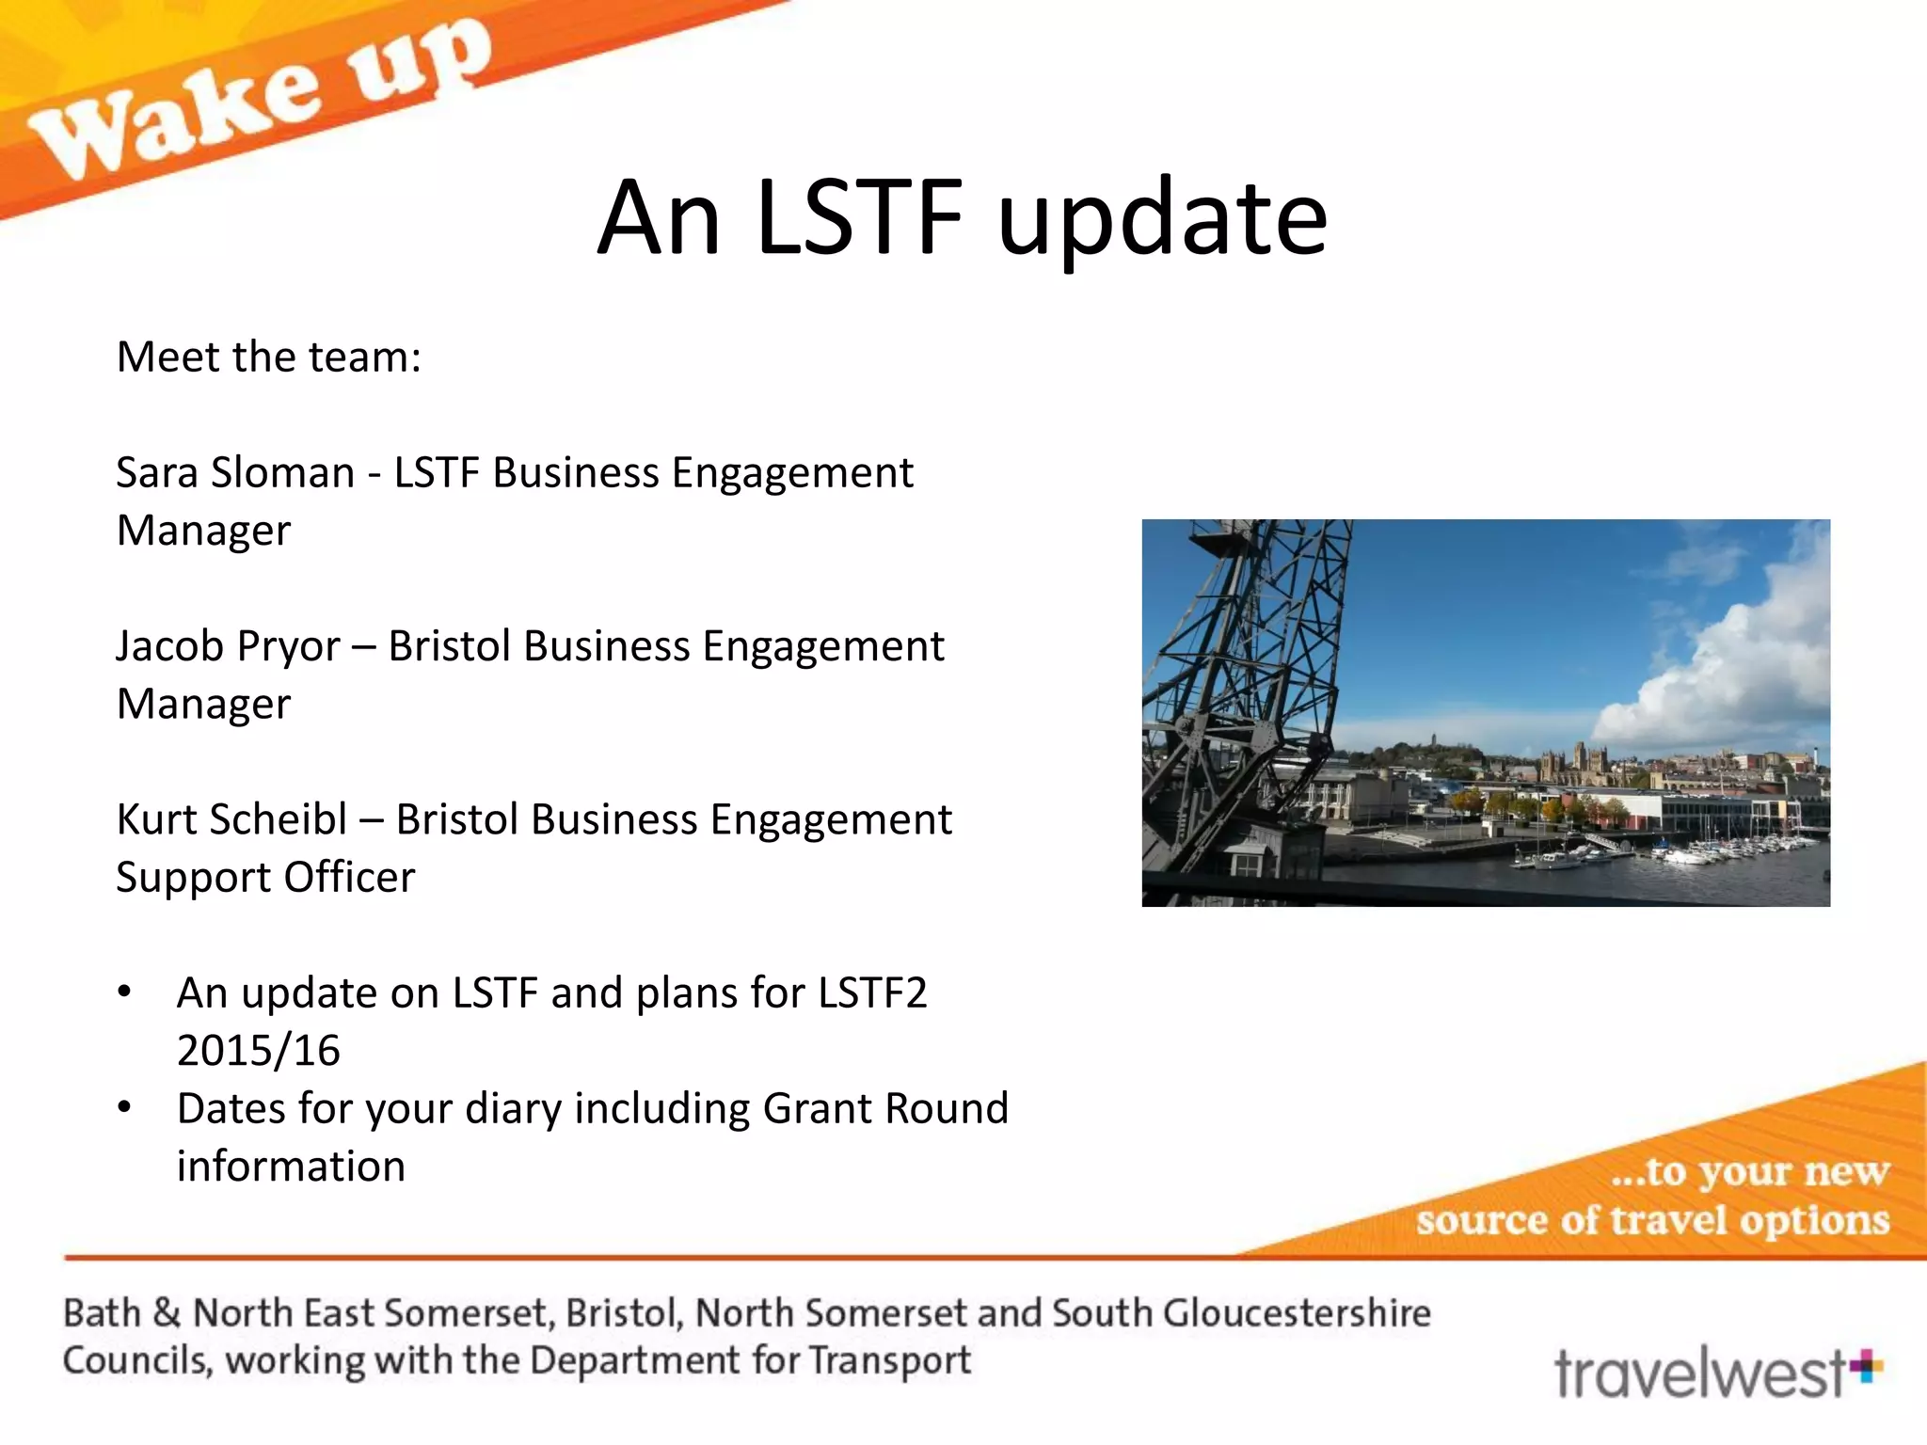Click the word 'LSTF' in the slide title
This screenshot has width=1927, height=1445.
(x=859, y=218)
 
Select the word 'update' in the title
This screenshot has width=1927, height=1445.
(x=1162, y=221)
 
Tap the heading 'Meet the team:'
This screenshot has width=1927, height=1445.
(x=268, y=357)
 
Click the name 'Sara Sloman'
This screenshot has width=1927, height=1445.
(x=234, y=472)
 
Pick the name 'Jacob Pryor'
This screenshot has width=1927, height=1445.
(x=228, y=646)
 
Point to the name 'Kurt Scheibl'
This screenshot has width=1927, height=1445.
(x=231, y=819)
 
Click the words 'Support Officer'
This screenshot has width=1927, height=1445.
(x=265, y=878)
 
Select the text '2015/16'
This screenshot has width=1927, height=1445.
(x=258, y=1051)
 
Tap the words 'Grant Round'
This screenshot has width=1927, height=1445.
(x=885, y=1109)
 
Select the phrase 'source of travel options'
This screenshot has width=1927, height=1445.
(x=1652, y=1221)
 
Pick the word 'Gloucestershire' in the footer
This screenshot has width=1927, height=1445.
(x=1297, y=1312)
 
